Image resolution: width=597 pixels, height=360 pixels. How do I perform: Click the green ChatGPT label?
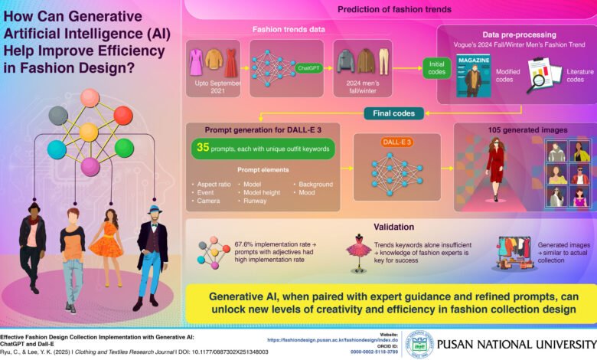pos(308,68)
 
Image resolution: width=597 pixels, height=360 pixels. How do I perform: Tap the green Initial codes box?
pos(437,68)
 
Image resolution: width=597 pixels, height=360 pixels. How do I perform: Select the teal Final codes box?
pos(393,113)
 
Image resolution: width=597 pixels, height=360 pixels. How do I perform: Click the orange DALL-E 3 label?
pos(396,142)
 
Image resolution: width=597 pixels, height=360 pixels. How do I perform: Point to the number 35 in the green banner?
pos(203,147)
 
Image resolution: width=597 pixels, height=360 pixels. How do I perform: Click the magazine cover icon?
pos(473,76)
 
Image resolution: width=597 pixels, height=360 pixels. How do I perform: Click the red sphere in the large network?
pos(123,116)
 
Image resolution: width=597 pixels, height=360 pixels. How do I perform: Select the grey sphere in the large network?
pos(58,116)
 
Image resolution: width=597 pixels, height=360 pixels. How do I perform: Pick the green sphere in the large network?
pos(124,148)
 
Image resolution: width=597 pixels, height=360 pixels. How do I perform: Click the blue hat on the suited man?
pos(155,210)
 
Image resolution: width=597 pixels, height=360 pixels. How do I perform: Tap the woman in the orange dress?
pos(108,247)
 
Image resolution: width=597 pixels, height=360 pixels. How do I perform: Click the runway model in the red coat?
pos(495,169)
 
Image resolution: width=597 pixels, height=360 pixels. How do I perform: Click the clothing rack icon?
pos(514,253)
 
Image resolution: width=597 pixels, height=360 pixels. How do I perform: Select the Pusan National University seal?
pos(419,345)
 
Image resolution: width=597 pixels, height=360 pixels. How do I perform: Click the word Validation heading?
pos(393,227)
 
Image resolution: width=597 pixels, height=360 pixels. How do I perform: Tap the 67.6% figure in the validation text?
pos(243,244)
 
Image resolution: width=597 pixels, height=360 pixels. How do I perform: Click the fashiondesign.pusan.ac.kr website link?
pos(332,340)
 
